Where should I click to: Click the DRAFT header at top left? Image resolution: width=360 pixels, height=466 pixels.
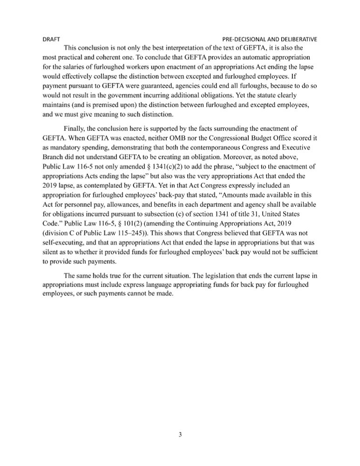(51, 39)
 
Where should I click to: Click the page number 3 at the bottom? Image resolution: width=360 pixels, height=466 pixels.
(180, 435)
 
